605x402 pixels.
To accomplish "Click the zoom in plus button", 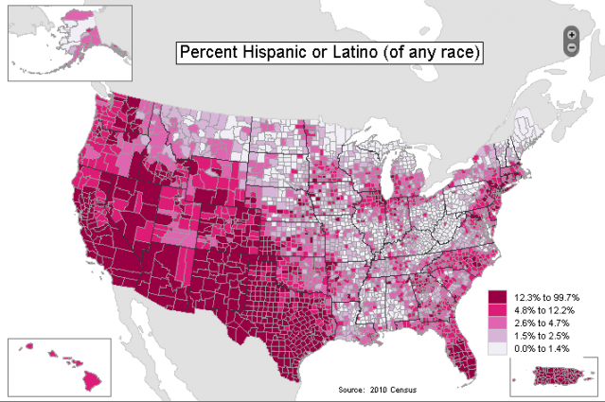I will pos(571,34).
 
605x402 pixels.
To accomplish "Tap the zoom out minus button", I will pos(571,46).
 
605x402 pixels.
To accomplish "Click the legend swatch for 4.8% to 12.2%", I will pos(496,310).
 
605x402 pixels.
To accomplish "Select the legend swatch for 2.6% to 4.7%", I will pos(496,323).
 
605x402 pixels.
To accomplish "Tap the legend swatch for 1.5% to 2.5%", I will pos(496,335).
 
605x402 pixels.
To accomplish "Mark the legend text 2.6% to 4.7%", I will pos(541,323).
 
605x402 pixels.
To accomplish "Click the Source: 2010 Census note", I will pos(377,390).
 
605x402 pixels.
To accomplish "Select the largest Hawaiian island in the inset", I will pos(91,381).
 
